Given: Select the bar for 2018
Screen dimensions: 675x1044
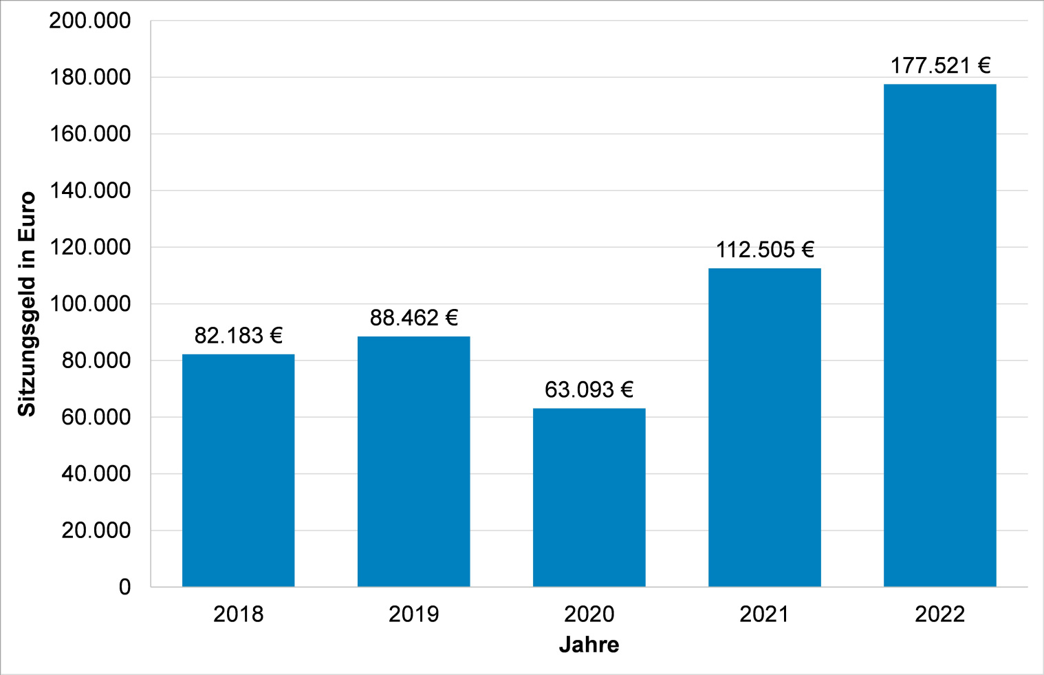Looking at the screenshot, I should click(238, 470).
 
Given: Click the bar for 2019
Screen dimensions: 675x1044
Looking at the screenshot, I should click(413, 461).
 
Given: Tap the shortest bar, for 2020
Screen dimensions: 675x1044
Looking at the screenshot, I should click(589, 497).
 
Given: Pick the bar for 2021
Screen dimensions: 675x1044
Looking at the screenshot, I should click(764, 427).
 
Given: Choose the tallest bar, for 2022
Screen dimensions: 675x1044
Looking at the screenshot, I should click(939, 335).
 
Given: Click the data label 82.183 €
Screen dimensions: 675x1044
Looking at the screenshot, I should click(238, 336).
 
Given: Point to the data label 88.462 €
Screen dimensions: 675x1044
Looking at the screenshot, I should click(413, 318).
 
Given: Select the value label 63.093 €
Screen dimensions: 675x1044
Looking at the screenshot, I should click(589, 390).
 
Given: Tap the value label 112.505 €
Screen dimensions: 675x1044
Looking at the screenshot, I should click(764, 250).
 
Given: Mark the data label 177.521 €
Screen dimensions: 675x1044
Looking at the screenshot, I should click(939, 66).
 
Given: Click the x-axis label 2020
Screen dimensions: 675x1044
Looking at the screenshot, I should click(589, 614).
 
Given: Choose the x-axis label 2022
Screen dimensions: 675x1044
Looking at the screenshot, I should click(939, 614).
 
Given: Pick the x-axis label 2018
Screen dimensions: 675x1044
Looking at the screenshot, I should click(238, 614).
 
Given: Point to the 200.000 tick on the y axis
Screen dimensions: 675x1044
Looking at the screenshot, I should click(89, 21).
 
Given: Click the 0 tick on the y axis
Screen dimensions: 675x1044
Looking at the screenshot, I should click(124, 587).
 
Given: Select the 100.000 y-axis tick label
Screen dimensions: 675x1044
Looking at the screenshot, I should click(89, 303).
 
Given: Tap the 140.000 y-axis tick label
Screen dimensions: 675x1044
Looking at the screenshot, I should click(89, 191).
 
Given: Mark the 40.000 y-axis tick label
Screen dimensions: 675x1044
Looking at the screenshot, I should click(96, 474).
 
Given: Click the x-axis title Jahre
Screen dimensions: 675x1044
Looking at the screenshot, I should click(589, 645).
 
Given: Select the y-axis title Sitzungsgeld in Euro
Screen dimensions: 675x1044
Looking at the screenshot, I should click(26, 303).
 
